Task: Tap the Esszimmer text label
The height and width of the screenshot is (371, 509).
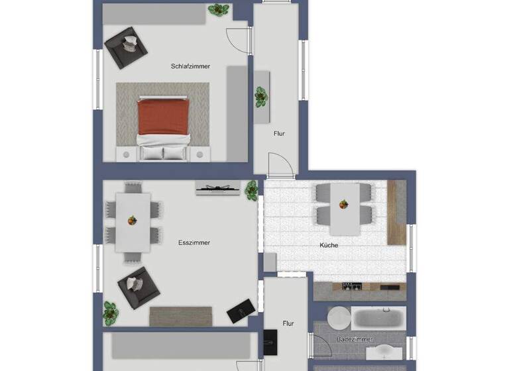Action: pos(194,242)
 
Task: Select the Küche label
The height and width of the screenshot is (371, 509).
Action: pos(329,245)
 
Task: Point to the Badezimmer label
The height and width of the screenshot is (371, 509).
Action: pos(355,339)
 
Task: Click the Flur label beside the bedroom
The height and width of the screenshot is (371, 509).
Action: pos(279,133)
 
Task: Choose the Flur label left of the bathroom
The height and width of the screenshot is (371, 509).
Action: pos(288,323)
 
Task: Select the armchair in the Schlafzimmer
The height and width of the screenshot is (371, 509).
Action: pos(126,47)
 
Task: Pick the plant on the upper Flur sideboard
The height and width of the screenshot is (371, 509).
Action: pos(261,97)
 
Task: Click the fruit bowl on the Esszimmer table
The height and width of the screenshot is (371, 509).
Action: pos(132,221)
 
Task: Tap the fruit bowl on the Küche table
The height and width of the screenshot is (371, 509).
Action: pos(342,204)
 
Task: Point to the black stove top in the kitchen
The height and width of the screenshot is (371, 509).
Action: pos(351,286)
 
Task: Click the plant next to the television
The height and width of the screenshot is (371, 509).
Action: pos(251,190)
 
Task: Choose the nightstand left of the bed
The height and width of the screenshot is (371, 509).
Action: pos(125,154)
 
